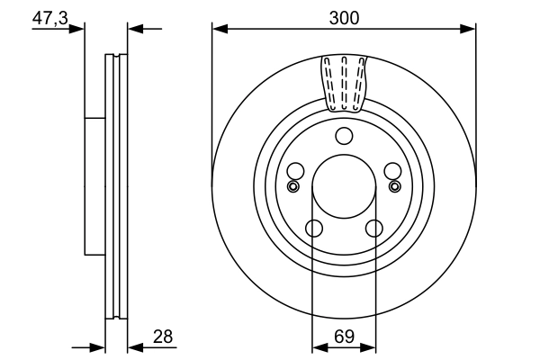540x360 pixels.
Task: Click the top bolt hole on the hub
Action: click(343, 136)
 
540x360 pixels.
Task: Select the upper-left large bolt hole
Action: click(294, 171)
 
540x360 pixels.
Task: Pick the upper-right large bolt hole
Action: click(391, 171)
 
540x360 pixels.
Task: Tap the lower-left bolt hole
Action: click(313, 229)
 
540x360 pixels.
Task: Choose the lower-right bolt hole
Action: click(373, 229)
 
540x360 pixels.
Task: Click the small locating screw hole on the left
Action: click(292, 186)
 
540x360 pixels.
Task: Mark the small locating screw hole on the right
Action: click(394, 186)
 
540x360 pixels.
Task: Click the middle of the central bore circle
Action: click(343, 187)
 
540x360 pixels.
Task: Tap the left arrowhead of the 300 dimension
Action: click(219, 29)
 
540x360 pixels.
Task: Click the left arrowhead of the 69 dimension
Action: click(318, 346)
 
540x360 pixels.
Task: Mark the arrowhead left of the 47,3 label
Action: click(78, 29)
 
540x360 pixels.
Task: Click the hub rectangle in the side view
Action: click(94, 186)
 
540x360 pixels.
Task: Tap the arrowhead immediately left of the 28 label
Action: click(134, 346)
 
